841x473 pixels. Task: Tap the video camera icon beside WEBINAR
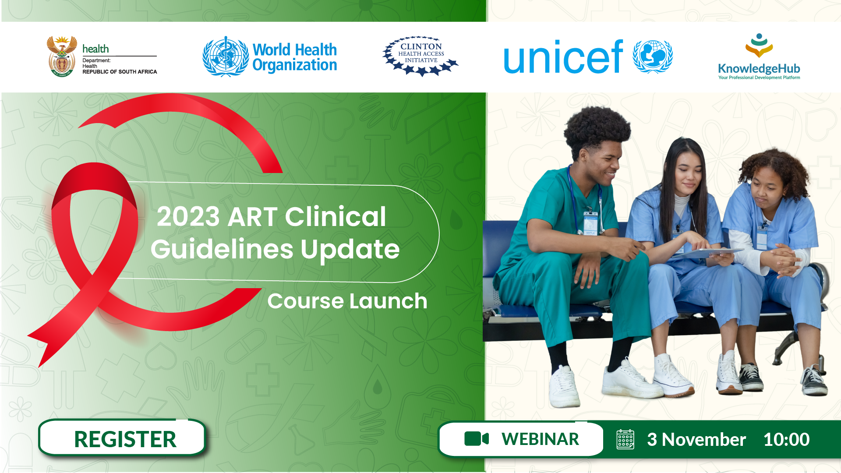click(477, 439)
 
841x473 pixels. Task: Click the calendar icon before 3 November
click(625, 439)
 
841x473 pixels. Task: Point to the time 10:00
click(787, 439)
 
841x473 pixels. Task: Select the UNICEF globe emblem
click(653, 56)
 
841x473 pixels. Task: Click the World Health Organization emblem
click(226, 56)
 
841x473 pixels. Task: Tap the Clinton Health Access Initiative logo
click(420, 56)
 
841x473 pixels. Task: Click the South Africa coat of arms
click(62, 56)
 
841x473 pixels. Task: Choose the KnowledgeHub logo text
click(759, 69)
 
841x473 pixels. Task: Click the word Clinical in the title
click(336, 216)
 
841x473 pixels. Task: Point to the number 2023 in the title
click(188, 217)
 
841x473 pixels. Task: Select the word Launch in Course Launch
click(388, 301)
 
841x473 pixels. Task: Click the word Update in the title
click(350, 250)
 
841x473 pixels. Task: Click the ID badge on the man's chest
click(590, 223)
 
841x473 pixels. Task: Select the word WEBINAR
click(540, 439)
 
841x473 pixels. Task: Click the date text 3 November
click(696, 439)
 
